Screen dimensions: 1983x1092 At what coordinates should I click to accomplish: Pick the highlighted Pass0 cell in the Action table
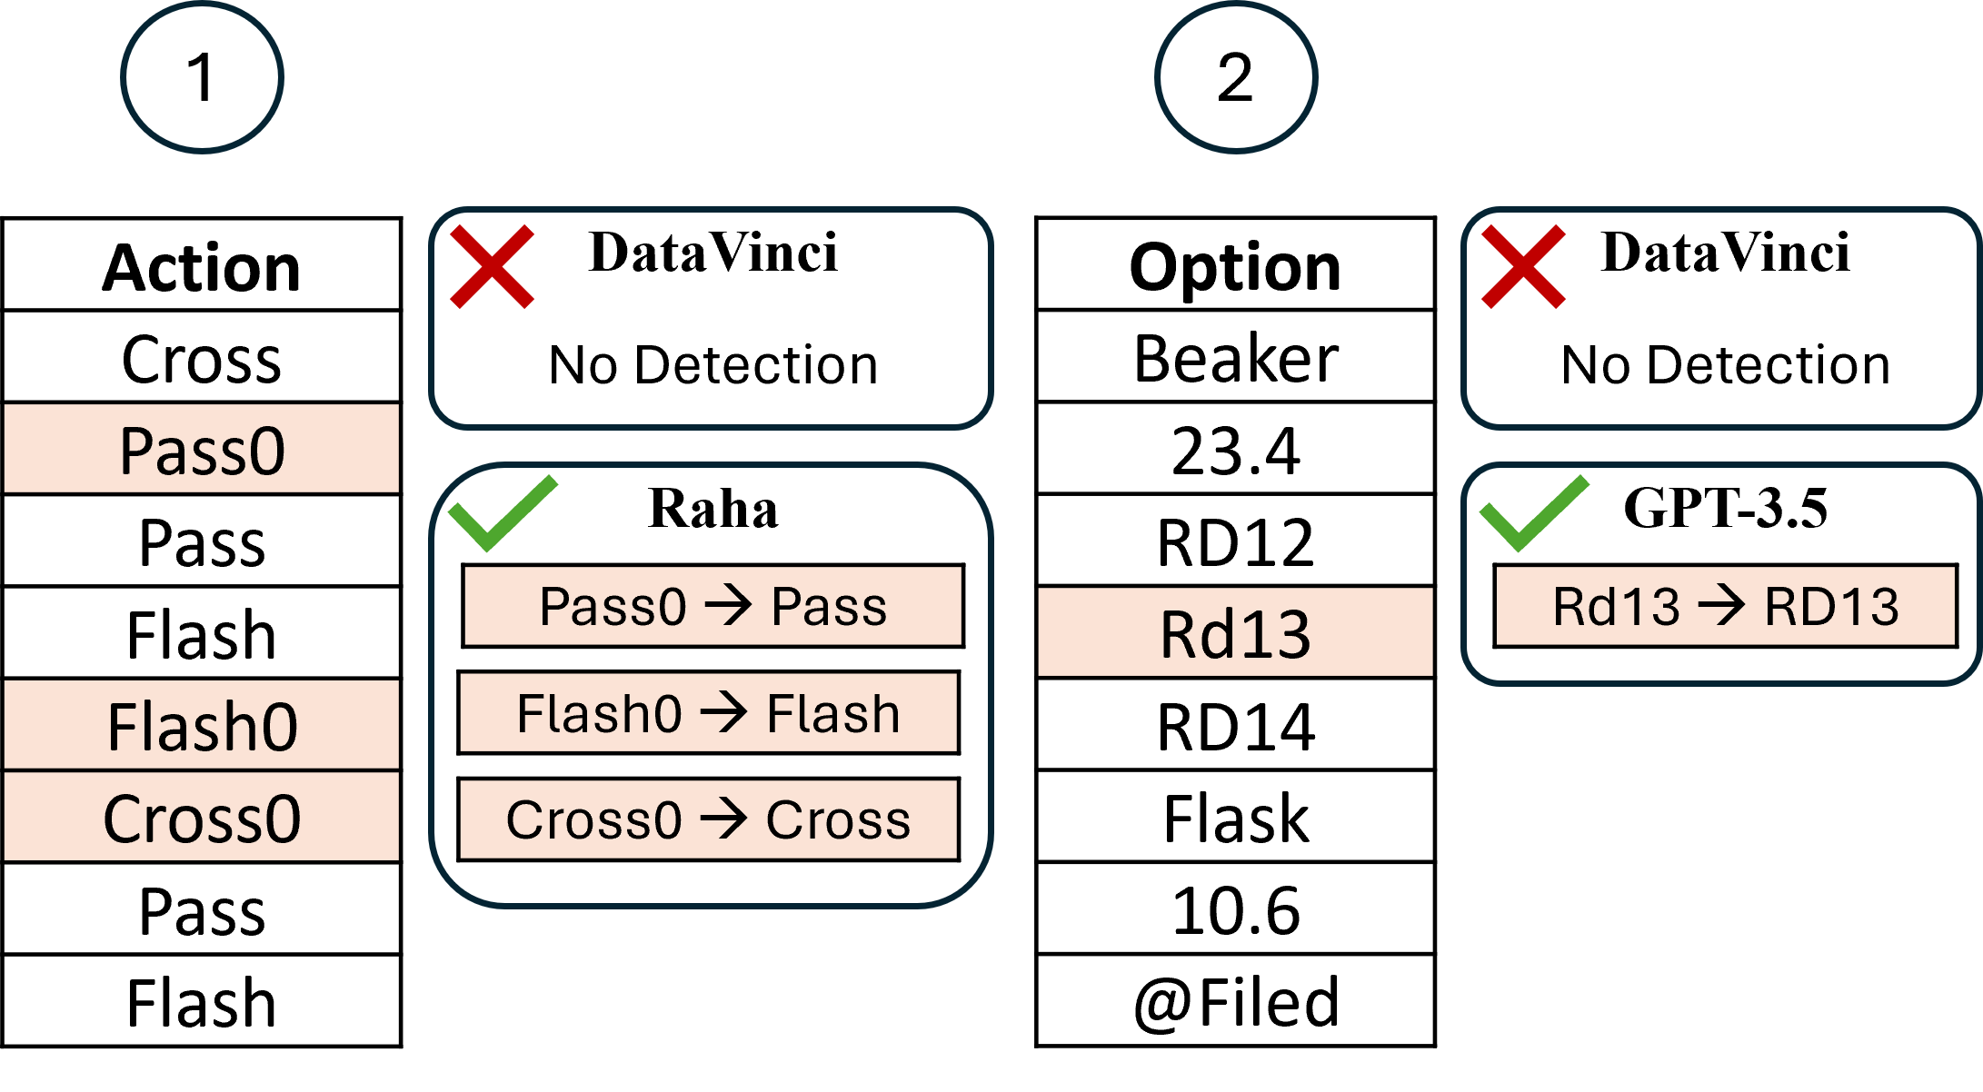coord(202,449)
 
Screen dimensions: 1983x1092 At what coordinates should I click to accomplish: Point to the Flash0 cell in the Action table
coord(202,725)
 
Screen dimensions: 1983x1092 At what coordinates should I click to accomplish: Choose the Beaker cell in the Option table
coord(1236,357)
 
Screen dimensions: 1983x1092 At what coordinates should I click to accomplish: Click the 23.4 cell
coord(1236,449)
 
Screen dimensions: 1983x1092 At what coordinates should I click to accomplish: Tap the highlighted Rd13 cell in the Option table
coord(1236,633)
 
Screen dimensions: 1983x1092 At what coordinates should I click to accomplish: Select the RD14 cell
coord(1236,725)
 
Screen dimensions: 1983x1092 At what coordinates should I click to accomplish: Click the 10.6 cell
coord(1236,908)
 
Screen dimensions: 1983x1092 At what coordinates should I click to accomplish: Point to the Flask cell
coord(1236,817)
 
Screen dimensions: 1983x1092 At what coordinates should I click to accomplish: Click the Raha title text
coord(713,508)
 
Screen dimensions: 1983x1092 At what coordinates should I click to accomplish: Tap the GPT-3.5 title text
coord(1725,508)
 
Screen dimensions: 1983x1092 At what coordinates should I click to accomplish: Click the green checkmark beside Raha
coord(503,513)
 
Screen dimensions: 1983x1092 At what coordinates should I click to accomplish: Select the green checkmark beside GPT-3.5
coord(1534,513)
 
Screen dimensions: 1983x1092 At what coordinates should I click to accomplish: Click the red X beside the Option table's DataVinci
coord(1523,266)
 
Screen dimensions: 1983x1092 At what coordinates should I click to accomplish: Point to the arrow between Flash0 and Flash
coord(724,713)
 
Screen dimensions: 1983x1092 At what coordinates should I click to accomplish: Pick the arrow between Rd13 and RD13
coord(1722,606)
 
